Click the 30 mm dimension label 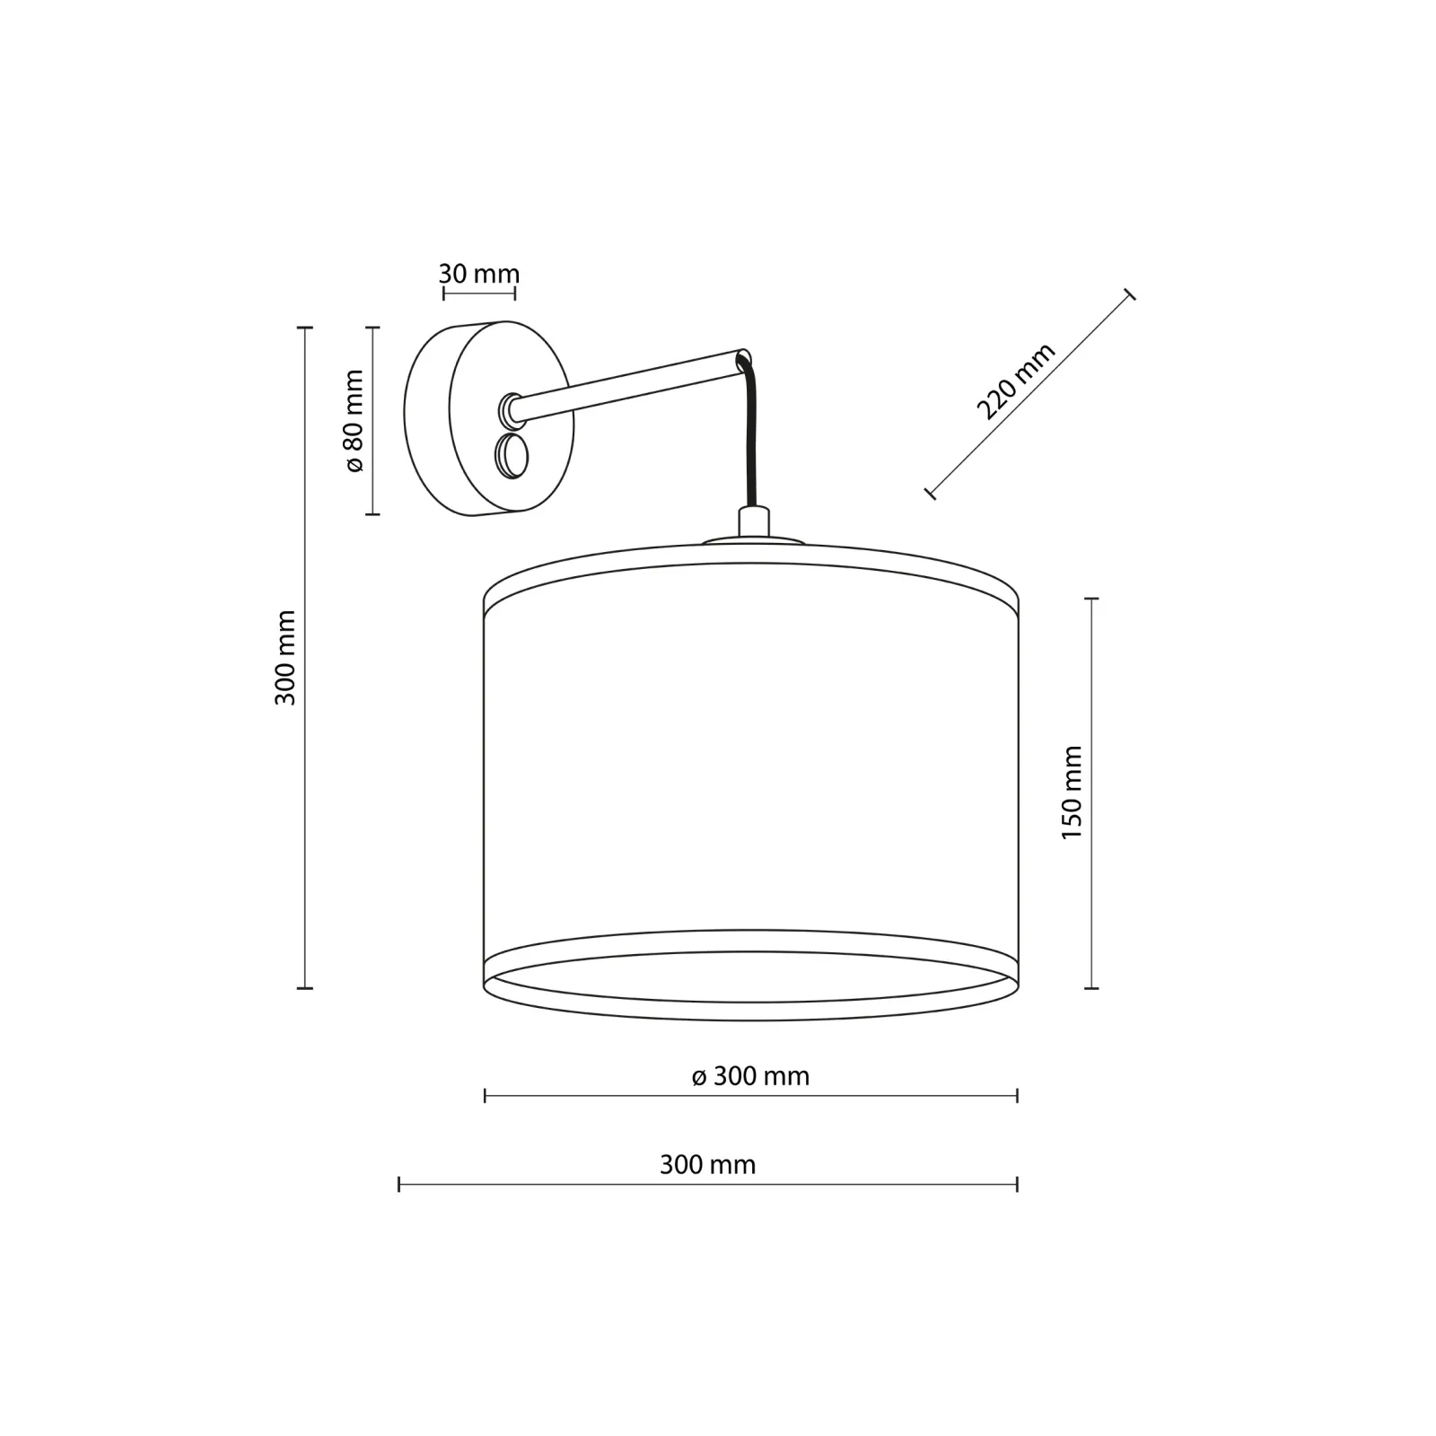pos(479,274)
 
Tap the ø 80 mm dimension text pos(354,421)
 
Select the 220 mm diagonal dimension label pos(1015,381)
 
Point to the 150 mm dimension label pos(1072,792)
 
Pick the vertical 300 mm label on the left pos(285,658)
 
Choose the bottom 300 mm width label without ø pos(708,1165)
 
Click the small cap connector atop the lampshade pos(754,523)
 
